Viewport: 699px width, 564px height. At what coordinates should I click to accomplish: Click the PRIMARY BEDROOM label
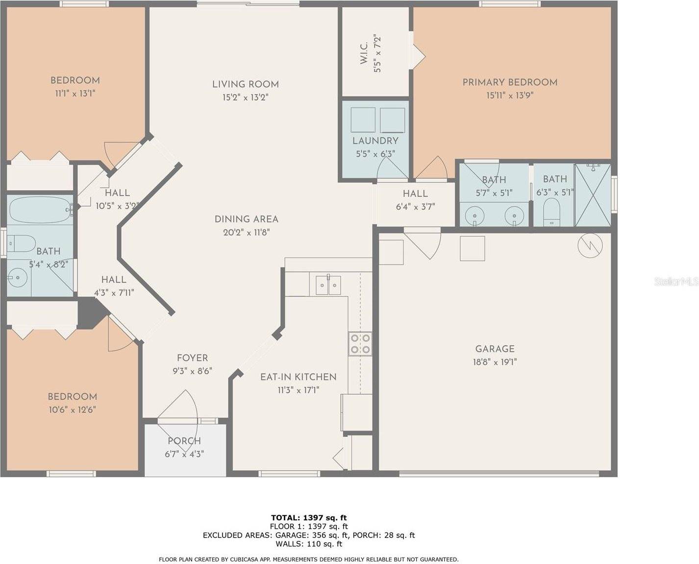510,82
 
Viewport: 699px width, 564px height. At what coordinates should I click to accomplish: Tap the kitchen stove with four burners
360,344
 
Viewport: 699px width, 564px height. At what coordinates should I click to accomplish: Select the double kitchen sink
328,285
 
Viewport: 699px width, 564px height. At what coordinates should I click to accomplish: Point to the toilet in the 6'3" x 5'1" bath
552,212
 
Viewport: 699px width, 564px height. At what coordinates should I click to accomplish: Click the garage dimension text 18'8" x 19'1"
495,362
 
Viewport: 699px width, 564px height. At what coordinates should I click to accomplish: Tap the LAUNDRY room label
375,141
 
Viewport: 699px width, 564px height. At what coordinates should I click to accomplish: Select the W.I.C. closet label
364,53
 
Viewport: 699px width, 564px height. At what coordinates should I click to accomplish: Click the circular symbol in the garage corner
590,245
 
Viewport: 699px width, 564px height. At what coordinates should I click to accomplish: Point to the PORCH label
184,441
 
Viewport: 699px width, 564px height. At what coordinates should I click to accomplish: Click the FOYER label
192,358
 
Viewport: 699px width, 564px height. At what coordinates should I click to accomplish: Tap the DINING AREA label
247,219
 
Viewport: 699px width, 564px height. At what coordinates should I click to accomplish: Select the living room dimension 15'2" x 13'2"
245,97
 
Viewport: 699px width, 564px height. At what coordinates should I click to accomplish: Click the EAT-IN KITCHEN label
298,377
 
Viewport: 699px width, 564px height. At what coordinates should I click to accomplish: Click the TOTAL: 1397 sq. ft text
309,517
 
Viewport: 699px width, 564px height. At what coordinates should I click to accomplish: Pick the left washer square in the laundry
363,120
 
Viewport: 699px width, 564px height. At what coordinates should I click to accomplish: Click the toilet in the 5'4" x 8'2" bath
22,243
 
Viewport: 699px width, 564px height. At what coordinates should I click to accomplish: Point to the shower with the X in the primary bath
593,195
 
